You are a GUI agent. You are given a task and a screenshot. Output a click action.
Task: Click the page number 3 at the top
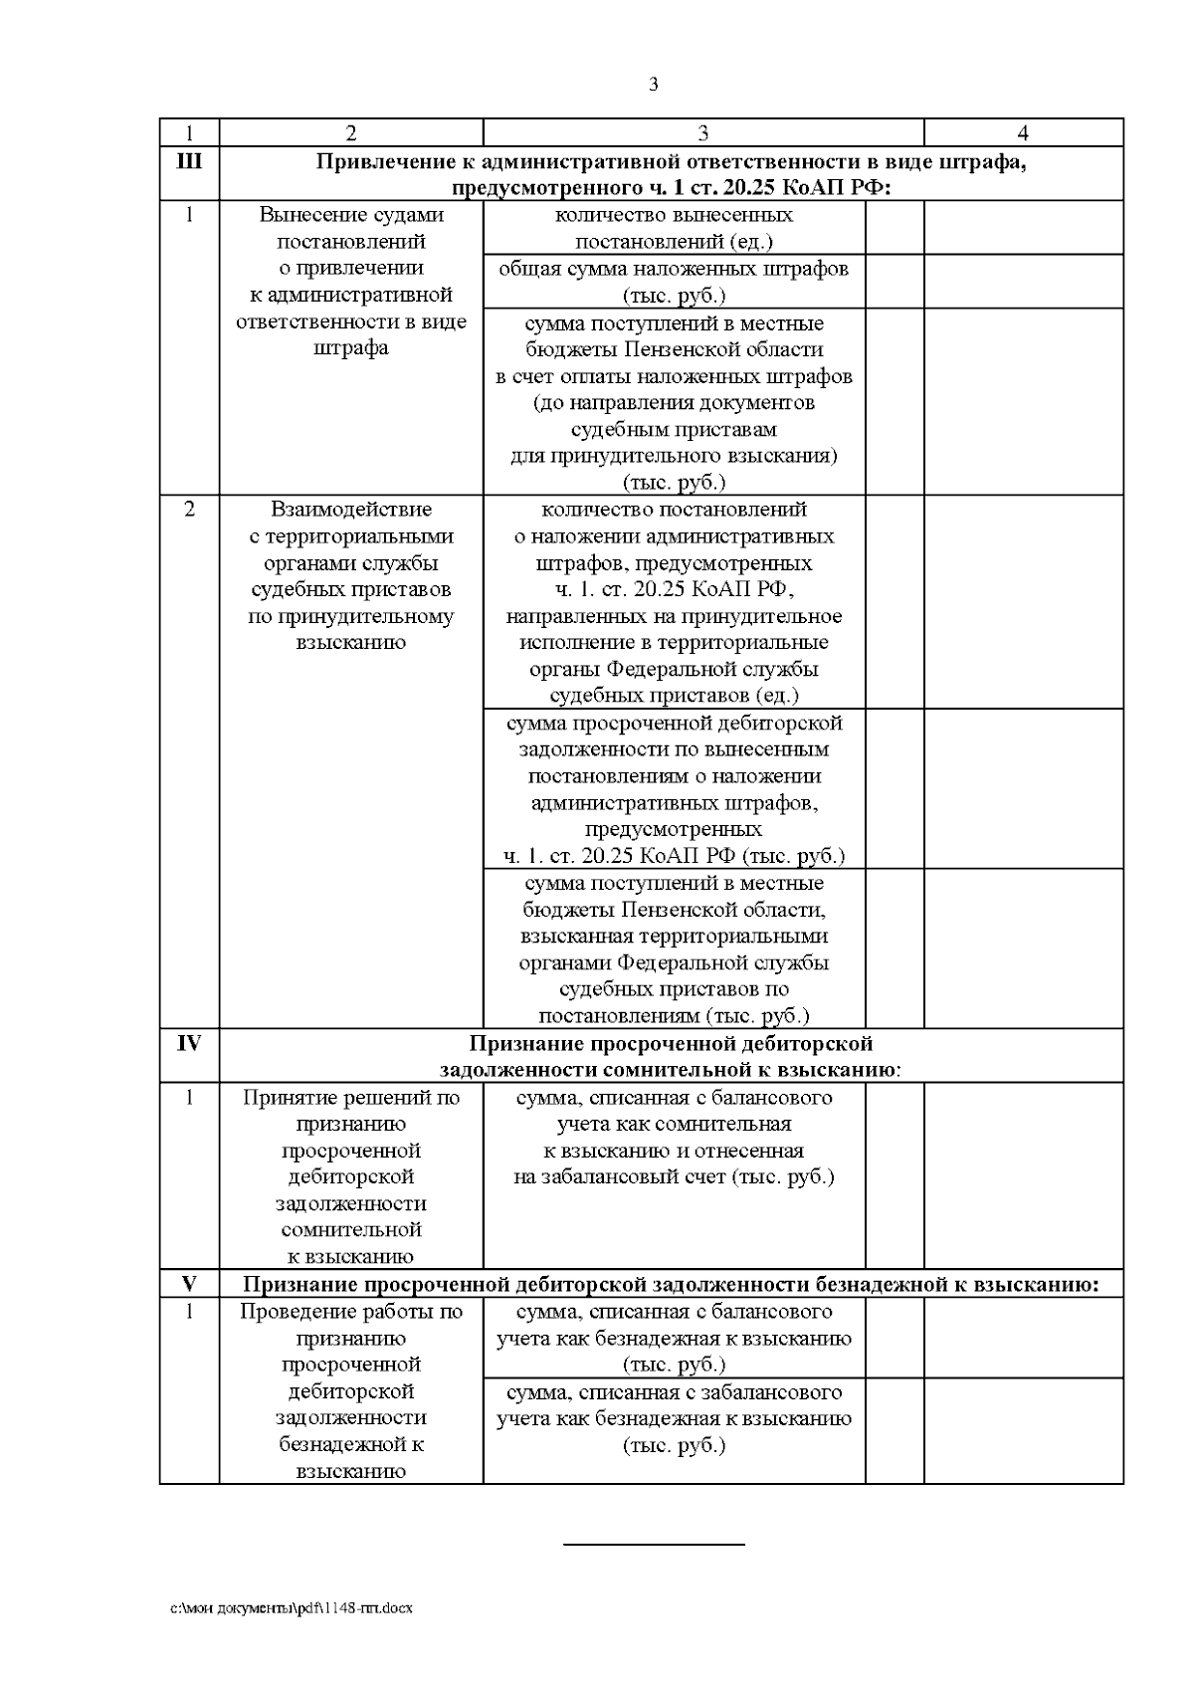click(653, 85)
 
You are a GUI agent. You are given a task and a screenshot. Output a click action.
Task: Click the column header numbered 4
click(1023, 133)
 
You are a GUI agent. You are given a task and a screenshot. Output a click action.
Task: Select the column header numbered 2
click(350, 133)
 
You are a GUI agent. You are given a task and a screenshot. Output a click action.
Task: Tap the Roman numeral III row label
click(189, 160)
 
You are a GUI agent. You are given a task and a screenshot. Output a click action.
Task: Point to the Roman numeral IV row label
click(189, 1043)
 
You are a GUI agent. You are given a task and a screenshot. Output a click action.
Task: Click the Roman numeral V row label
click(189, 1285)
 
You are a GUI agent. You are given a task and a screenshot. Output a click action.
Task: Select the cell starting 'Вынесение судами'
click(351, 282)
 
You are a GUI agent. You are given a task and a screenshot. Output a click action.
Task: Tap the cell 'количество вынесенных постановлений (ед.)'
click(674, 228)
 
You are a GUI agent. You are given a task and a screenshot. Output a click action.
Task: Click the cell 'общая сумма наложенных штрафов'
click(674, 282)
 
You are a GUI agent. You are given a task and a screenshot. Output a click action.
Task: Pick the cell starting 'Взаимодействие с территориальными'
click(351, 575)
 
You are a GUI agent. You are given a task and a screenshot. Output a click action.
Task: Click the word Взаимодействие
click(351, 510)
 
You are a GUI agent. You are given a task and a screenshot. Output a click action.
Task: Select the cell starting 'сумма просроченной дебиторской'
click(674, 788)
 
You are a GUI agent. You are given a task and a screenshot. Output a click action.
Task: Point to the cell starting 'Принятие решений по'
click(351, 1175)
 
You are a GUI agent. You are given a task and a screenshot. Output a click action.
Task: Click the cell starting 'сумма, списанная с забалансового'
click(674, 1418)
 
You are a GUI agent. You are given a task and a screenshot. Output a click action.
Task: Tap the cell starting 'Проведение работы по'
click(351, 1390)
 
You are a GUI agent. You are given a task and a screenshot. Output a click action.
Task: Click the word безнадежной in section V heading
click(884, 1285)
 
